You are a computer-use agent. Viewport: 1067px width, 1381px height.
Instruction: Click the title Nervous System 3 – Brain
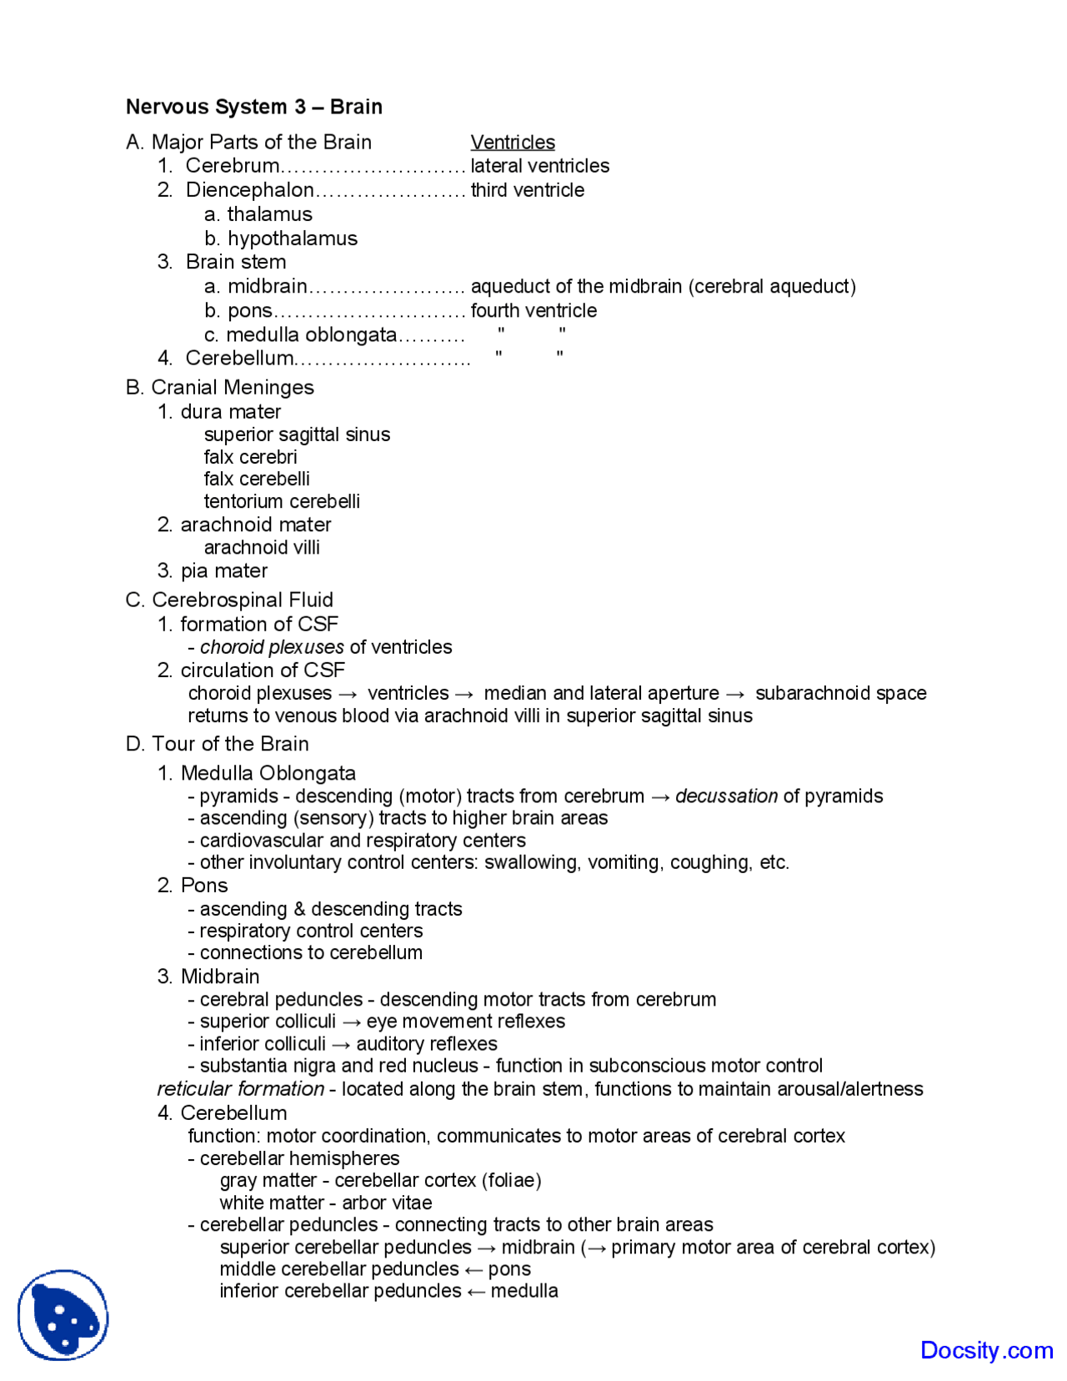[x=253, y=107]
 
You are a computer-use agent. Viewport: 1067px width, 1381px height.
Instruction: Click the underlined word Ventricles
[x=512, y=143]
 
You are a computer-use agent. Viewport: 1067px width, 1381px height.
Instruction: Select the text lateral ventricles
[x=539, y=166]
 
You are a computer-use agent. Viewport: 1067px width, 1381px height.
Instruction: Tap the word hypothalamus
[x=292, y=239]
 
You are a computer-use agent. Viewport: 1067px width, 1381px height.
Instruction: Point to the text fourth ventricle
[x=533, y=311]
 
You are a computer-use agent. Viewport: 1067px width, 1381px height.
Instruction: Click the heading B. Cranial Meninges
[x=219, y=388]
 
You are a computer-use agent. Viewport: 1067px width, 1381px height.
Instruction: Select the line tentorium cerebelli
[x=282, y=501]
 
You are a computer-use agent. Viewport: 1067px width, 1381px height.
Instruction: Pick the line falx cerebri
[x=250, y=457]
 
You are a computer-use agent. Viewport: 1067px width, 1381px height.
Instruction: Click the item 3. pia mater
[x=213, y=571]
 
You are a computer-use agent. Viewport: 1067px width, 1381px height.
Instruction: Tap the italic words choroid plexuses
[x=272, y=647]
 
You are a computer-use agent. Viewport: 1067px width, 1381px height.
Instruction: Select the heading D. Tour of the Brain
[x=217, y=744]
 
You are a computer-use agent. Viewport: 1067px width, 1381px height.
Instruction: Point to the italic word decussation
[x=726, y=796]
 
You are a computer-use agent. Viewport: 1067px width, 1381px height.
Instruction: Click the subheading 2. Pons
[x=193, y=886]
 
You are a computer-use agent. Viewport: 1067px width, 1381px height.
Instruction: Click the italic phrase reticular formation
[x=240, y=1089]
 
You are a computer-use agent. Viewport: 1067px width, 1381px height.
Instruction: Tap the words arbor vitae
[x=387, y=1203]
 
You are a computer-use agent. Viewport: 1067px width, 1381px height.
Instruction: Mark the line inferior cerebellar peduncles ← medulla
[x=388, y=1291]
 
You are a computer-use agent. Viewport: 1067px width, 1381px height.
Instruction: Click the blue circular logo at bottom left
[x=63, y=1315]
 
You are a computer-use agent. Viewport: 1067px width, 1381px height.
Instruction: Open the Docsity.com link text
[x=986, y=1350]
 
